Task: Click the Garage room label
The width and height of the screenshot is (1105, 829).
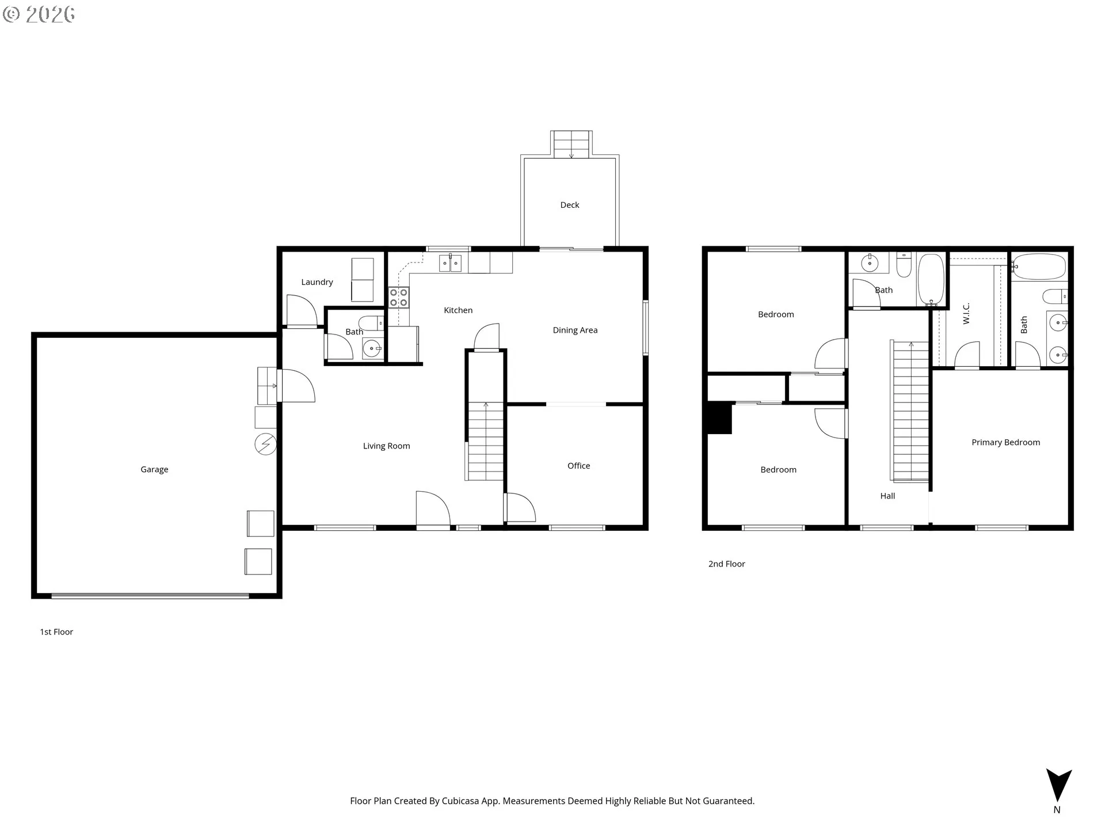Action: tap(154, 469)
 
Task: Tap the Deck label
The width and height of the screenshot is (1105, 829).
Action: tap(569, 205)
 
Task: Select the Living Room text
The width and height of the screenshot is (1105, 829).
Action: tap(386, 446)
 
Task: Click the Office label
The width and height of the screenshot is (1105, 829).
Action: tap(578, 466)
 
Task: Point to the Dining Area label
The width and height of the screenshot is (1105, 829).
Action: tap(575, 330)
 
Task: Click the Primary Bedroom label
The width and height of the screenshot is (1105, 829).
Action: tap(1005, 442)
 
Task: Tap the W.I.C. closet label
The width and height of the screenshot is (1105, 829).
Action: tap(966, 313)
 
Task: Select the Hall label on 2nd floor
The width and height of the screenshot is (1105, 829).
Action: tap(887, 496)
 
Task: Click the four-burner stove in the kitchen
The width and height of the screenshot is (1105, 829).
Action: tap(398, 297)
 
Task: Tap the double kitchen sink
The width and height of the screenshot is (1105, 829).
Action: tap(450, 264)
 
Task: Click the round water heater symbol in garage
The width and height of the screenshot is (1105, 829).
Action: tap(266, 444)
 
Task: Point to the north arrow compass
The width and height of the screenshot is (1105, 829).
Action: tap(1058, 786)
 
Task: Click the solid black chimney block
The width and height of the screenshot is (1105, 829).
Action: tap(719, 418)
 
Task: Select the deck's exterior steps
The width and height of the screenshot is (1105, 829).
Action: tap(571, 144)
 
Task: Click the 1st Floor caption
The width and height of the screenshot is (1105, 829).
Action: tap(56, 632)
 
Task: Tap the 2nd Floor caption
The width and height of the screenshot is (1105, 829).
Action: tap(726, 564)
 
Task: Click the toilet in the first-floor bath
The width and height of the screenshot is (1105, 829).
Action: tap(371, 322)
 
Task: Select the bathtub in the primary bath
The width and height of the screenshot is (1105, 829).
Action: tap(1040, 267)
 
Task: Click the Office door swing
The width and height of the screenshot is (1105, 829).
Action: tap(521, 508)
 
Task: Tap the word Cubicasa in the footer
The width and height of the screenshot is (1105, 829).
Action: tap(460, 801)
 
